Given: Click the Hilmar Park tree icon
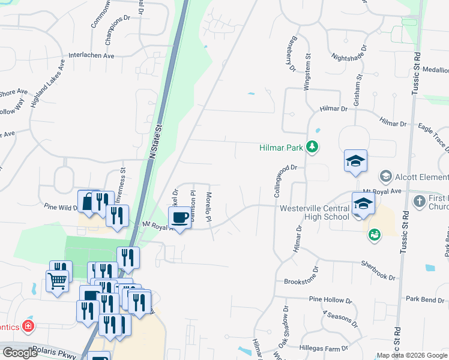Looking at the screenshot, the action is pos(312,147).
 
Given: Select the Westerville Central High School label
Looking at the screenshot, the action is pos(314,212).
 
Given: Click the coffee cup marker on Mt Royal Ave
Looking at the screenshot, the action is pos(181,217).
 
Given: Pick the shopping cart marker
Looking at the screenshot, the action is pos(57,280).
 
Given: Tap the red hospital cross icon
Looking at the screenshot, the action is pos(27,326).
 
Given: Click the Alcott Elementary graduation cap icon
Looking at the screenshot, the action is pos(385,176).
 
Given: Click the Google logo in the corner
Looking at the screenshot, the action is pos(20,352).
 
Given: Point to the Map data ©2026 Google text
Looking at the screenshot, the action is pos(412,355).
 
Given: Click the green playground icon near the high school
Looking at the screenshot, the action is pos(375,235).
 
